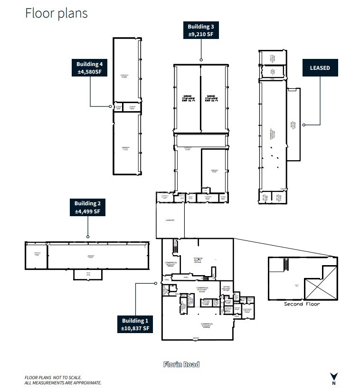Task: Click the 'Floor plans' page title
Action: click(x=56, y=13)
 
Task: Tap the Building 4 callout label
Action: click(x=89, y=68)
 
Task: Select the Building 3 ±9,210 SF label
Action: click(x=201, y=30)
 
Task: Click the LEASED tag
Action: click(x=320, y=68)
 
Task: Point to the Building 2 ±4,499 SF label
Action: click(x=87, y=207)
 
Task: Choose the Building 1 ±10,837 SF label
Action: click(x=136, y=325)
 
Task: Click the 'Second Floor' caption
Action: click(x=302, y=304)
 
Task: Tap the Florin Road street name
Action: click(x=181, y=364)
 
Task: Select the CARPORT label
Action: click(x=170, y=220)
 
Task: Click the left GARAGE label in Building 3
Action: click(x=187, y=98)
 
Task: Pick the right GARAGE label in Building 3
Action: click(x=211, y=98)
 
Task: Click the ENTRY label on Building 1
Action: click(x=196, y=338)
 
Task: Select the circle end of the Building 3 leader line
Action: click(x=201, y=60)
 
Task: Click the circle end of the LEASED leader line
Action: click(x=303, y=125)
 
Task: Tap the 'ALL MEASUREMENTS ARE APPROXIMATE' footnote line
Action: click(x=63, y=383)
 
